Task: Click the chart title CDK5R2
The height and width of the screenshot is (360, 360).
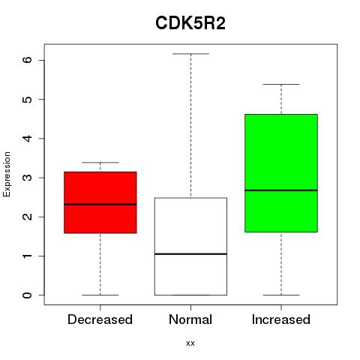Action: (190, 23)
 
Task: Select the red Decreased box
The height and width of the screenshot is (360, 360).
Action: (100, 202)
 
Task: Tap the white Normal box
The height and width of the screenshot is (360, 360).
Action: (190, 247)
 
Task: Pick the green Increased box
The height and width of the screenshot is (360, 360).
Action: (281, 173)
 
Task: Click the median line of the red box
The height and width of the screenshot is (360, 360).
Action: (100, 205)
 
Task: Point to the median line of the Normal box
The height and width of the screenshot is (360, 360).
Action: (190, 254)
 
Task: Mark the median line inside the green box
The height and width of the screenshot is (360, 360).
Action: (281, 190)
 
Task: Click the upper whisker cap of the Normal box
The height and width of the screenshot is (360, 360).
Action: (190, 54)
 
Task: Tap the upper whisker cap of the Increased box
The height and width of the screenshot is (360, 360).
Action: (281, 85)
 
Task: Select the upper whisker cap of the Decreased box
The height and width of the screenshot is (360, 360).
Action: (100, 163)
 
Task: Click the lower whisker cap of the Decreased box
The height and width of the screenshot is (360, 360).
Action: (100, 295)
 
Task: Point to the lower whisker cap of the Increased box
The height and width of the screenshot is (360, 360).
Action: (281, 295)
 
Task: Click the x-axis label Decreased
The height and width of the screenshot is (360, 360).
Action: (100, 319)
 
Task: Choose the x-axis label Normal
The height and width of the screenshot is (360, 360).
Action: (190, 319)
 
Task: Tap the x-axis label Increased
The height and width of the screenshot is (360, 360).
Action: (281, 319)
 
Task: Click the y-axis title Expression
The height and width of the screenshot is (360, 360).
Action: (7, 174)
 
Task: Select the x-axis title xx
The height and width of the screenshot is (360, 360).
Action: (190, 343)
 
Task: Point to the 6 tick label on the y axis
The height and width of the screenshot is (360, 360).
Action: (28, 60)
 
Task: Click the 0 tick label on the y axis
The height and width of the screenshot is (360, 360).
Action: (28, 295)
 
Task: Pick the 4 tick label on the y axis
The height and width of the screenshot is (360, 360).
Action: (28, 138)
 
